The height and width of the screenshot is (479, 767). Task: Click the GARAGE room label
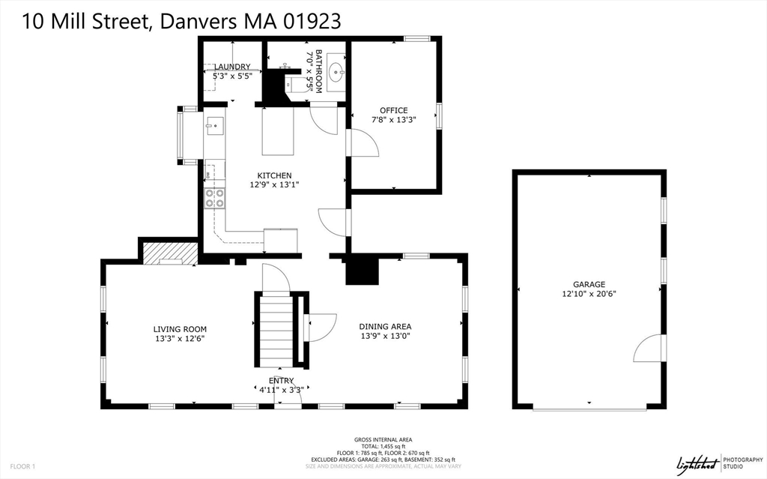click(589, 284)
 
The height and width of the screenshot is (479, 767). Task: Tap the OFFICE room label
click(394, 110)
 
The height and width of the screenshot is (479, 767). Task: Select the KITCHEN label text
click(274, 175)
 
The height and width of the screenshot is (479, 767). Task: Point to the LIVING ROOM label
click(180, 329)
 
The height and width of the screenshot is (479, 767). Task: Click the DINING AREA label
click(386, 326)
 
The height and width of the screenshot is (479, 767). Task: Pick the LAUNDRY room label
click(232, 67)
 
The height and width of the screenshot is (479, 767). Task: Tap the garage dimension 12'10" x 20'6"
click(589, 294)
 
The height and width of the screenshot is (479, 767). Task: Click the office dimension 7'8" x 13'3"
click(394, 119)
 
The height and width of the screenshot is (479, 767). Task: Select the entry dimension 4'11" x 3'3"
click(282, 390)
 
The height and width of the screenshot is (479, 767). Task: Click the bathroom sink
click(336, 73)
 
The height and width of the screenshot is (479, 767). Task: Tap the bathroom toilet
click(291, 84)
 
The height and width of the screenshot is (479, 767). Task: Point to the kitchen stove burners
click(215, 198)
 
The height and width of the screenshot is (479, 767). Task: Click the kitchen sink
click(215, 126)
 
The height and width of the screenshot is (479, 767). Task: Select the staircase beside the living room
click(276, 329)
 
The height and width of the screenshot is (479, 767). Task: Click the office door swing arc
click(365, 142)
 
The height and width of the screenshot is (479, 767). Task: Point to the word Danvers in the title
click(197, 22)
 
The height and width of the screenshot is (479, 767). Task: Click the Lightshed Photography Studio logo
click(720, 463)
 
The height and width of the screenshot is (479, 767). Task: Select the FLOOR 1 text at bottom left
click(22, 467)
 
